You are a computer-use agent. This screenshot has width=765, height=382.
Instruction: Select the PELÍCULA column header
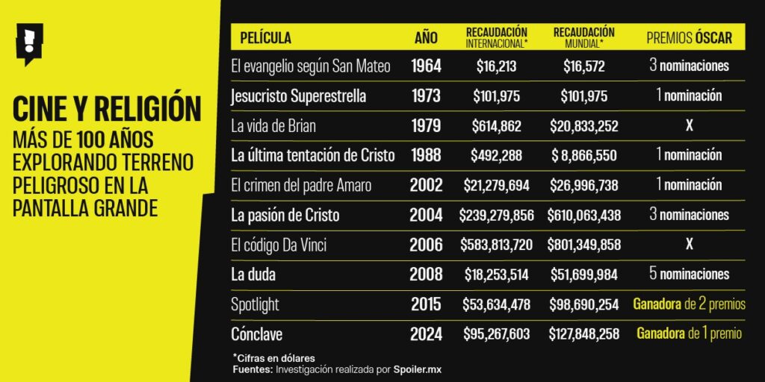266,37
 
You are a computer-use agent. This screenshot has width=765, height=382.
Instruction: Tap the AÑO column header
426,37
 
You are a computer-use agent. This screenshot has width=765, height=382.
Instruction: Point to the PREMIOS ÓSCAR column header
688,37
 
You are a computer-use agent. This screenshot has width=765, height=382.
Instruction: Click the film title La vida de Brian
273,126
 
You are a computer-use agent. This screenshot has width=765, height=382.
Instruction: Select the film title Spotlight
255,304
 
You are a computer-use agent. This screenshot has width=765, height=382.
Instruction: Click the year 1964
427,66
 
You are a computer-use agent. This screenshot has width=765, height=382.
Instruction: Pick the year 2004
427,215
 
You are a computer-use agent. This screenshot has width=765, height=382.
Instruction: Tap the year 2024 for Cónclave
427,334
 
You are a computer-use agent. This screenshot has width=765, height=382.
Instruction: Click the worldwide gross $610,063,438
583,215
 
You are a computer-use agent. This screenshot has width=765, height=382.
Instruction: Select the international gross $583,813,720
497,245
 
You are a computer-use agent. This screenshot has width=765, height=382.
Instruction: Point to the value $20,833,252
583,126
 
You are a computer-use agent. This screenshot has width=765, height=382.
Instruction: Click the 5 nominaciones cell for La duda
689,275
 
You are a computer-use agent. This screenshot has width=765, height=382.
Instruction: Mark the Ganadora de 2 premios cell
689,304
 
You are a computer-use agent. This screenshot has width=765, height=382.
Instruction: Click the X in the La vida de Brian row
689,126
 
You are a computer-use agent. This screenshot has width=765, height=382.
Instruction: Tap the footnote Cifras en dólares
275,358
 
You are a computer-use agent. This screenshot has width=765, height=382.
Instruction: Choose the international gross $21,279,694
497,185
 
